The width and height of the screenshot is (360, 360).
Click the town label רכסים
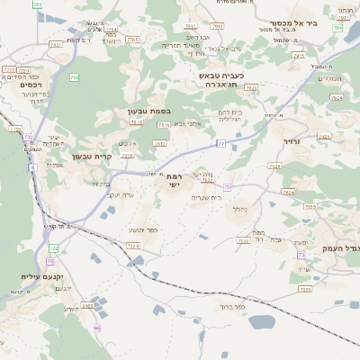(x=18, y=85)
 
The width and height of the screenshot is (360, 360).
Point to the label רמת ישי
(x=174, y=181)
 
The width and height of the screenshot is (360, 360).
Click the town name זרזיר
(x=293, y=141)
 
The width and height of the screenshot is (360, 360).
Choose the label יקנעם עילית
(x=41, y=277)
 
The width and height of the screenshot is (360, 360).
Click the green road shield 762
(x=74, y=78)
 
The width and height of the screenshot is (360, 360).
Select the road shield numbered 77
(x=220, y=143)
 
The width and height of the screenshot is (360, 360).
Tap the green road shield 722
(x=53, y=247)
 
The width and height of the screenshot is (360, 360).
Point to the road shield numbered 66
(x=97, y=327)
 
